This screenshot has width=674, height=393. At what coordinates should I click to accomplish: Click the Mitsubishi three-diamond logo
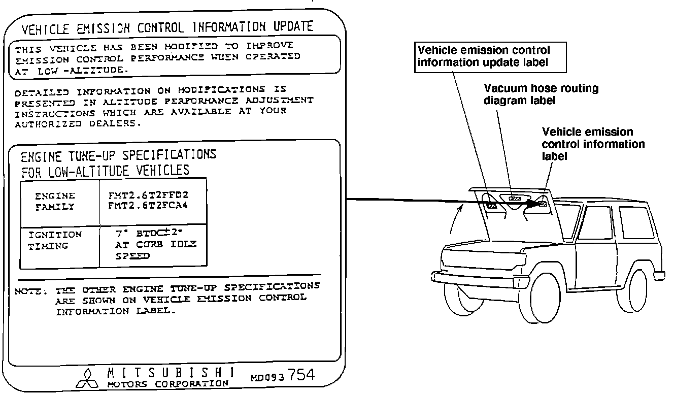(x=85, y=376)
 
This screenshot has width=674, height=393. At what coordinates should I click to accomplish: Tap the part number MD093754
(x=283, y=377)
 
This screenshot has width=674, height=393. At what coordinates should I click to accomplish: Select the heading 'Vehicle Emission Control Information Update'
(x=167, y=26)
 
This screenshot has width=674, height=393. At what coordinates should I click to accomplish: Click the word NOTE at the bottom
(x=30, y=291)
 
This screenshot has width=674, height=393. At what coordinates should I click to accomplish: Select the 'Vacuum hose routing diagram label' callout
(x=541, y=94)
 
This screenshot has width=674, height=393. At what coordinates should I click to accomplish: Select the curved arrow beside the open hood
(x=455, y=218)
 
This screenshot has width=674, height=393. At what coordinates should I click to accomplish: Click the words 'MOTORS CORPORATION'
(x=167, y=383)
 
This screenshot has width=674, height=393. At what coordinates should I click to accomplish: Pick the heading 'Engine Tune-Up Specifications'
(x=118, y=154)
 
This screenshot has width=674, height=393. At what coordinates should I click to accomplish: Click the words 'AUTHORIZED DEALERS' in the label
(x=76, y=123)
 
